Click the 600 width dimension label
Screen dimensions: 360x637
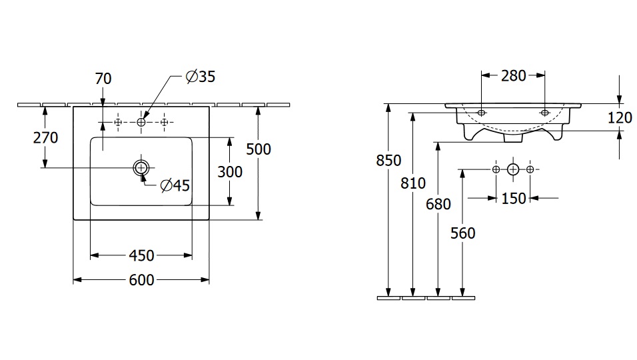141,280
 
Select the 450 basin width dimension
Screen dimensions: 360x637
141,255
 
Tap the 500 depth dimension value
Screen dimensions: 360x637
259,149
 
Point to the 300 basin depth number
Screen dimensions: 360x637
230,171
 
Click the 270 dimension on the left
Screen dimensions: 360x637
45,138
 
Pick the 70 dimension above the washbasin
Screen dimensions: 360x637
103,79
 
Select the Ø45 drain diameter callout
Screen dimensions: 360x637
175,185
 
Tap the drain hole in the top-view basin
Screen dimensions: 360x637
141,167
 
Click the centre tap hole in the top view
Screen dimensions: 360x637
141,122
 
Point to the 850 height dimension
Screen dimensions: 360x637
388,160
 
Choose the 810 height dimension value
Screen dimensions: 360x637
413,183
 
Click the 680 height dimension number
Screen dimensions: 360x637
438,204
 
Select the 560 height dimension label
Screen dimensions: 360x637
462,233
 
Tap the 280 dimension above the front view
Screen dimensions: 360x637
513,75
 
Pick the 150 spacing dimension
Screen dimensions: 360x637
513,198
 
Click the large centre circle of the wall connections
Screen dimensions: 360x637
512,169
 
